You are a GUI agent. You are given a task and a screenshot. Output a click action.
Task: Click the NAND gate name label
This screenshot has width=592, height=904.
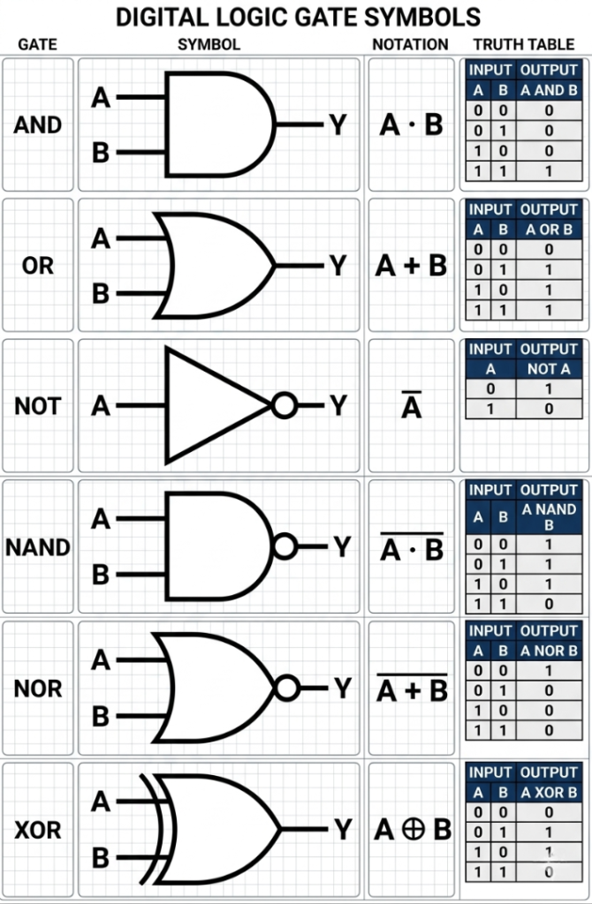click(x=37, y=547)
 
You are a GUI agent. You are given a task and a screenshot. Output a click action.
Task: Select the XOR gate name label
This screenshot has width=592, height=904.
click(x=37, y=830)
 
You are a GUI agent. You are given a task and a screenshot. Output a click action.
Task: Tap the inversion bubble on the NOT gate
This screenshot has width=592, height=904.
click(x=284, y=405)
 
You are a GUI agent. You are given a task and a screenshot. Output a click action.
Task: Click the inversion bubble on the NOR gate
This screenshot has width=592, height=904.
click(x=285, y=688)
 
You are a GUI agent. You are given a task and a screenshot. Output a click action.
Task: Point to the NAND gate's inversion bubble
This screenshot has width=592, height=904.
click(x=285, y=546)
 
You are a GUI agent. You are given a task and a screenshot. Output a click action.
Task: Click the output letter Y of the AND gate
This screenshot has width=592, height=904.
click(x=338, y=125)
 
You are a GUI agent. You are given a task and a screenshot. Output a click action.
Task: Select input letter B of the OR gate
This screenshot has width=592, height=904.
click(x=101, y=293)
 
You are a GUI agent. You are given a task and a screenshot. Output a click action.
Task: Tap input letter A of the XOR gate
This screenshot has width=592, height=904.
click(x=101, y=802)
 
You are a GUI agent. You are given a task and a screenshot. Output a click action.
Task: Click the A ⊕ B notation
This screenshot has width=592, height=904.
click(x=412, y=830)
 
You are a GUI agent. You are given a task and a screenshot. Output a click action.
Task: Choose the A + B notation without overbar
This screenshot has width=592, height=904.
click(x=412, y=265)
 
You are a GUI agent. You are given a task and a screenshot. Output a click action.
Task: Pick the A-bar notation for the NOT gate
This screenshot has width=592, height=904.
click(x=412, y=407)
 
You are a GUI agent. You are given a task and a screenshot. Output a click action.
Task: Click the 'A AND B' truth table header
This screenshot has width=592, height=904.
click(x=549, y=90)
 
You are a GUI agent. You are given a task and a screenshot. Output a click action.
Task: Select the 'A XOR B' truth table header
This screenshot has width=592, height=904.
click(x=549, y=793)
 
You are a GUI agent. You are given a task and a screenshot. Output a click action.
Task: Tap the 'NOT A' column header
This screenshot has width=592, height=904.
click(x=549, y=369)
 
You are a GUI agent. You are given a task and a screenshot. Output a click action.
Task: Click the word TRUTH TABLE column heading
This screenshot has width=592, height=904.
click(x=524, y=44)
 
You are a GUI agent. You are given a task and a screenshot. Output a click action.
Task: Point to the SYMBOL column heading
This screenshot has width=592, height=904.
click(x=209, y=44)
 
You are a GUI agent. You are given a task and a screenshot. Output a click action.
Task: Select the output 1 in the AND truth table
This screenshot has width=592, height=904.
click(x=549, y=171)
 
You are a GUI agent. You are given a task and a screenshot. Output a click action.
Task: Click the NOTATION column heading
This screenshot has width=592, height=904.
click(x=410, y=44)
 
